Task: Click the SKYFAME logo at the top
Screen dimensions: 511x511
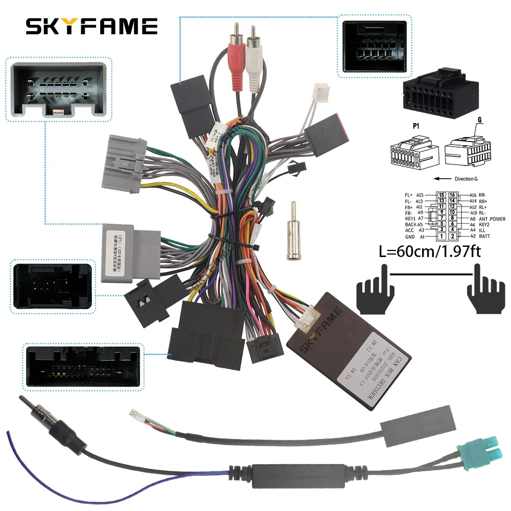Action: pos(91,26)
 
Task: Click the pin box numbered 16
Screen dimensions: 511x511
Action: pos(452,195)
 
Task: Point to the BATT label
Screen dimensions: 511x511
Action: pos(485,237)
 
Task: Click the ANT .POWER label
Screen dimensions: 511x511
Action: pos(492,219)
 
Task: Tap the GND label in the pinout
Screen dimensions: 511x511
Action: pos(410,237)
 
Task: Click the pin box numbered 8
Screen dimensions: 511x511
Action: pos(452,219)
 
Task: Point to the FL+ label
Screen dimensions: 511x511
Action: pos(408,195)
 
